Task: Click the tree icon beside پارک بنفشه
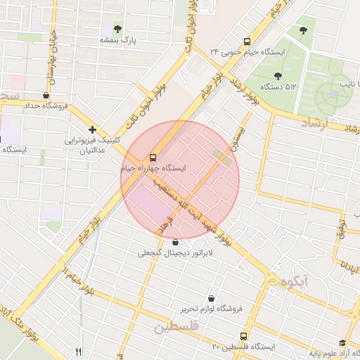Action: coord(117,29)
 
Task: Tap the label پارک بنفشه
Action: coord(117,41)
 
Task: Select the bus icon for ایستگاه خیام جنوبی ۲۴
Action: coord(246,41)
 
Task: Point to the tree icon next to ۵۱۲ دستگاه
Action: coord(278,75)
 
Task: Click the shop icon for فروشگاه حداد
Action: coord(46,95)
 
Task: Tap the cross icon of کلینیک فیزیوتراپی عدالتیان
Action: coord(92,129)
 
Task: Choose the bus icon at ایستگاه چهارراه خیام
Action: coord(153,157)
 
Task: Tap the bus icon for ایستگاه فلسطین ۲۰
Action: coord(244,336)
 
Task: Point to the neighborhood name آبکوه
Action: coord(294,281)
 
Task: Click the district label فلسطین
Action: coord(176,327)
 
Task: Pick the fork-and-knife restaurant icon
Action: coord(78,352)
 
